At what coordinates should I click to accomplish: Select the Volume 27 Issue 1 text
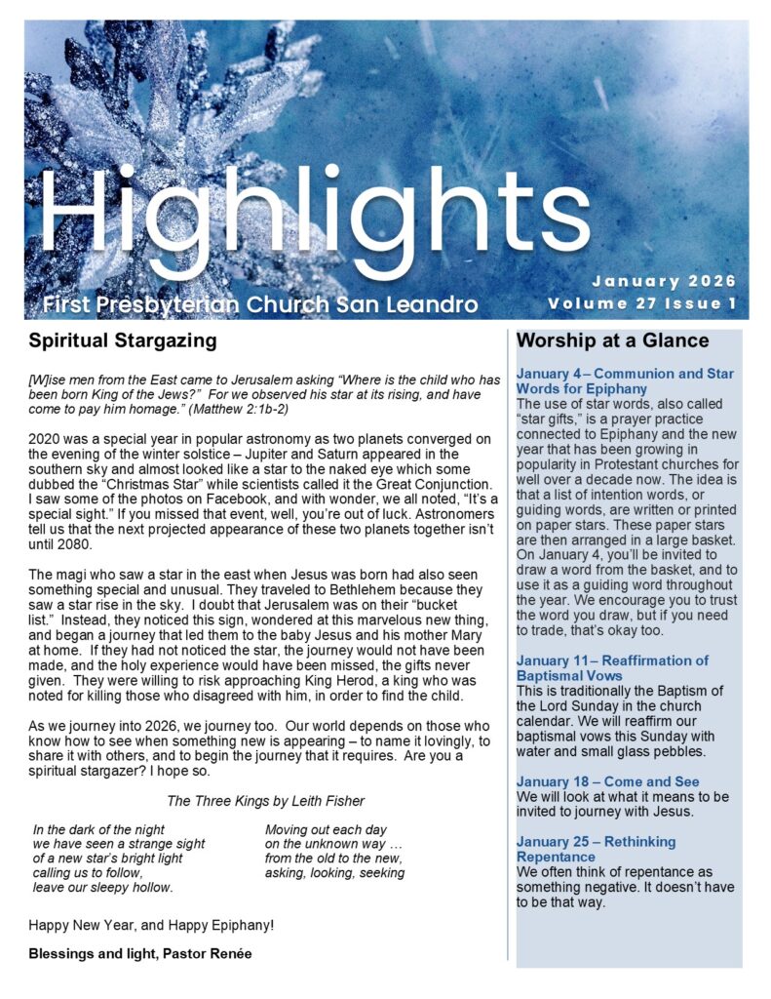(x=641, y=303)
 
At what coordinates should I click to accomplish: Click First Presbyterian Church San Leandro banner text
(x=260, y=304)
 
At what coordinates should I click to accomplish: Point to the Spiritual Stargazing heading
(x=123, y=341)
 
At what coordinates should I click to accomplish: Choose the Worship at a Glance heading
(x=612, y=341)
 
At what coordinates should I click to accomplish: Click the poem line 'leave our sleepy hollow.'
(x=102, y=888)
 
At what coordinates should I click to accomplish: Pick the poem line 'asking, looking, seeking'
(x=334, y=873)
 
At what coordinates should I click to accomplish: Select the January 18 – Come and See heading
(x=607, y=781)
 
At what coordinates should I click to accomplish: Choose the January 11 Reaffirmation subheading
(x=612, y=668)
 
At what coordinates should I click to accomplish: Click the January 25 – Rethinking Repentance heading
(x=596, y=849)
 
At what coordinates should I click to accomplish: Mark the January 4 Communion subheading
(x=625, y=381)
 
